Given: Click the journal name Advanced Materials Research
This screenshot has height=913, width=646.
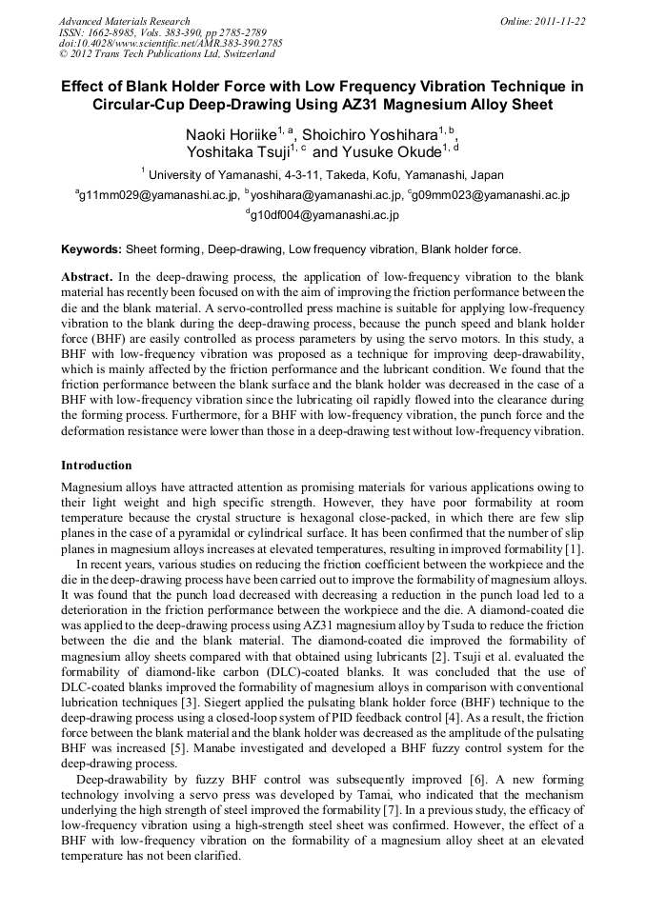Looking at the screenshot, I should tap(124, 21).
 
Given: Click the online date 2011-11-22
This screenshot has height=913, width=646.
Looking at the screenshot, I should tap(561, 21).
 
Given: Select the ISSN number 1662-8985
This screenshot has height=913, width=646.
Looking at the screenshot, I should tap(112, 32).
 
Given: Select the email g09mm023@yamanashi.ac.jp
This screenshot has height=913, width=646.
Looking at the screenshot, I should tap(491, 195).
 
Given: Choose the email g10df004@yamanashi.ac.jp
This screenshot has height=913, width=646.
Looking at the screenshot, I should tap(324, 215).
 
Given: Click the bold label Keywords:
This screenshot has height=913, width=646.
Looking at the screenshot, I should tap(91, 249).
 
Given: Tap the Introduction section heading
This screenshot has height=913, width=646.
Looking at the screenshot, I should tap(96, 466).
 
